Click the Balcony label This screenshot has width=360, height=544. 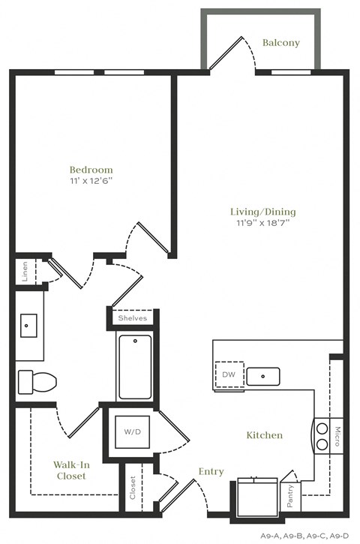point(280,43)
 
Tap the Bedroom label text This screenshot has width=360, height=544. point(91,170)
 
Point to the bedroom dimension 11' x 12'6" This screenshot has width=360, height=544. point(91,181)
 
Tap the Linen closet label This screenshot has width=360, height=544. point(25,271)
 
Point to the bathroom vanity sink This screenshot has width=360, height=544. point(30,326)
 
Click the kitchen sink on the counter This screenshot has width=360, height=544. point(262,376)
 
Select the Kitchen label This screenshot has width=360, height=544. point(265,435)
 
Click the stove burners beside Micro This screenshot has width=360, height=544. point(322,436)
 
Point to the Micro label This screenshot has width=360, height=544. point(338,434)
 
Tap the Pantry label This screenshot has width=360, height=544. point(291,495)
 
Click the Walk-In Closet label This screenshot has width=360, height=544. point(70,470)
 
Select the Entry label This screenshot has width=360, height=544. point(211,471)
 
